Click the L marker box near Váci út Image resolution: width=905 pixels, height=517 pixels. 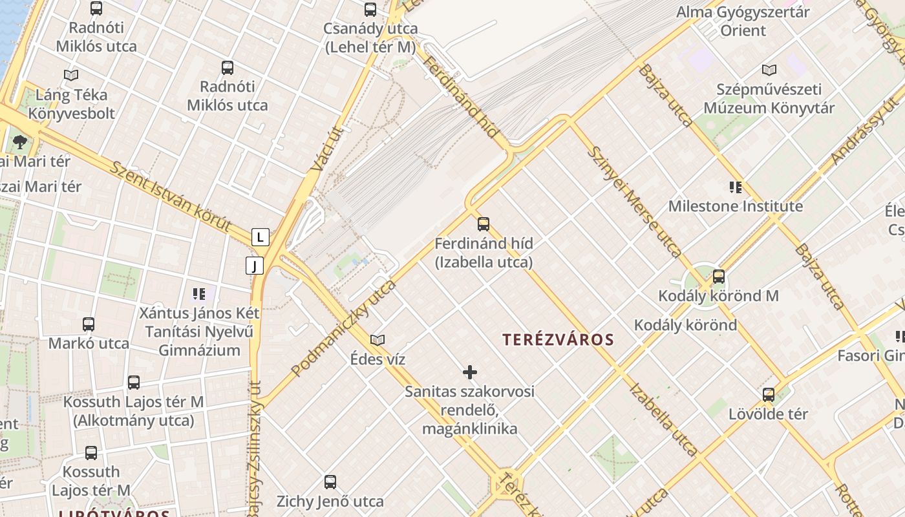coord(260,237)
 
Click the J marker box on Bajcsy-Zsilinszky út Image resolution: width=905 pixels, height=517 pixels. coord(255,265)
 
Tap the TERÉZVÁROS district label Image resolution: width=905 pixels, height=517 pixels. coord(559,339)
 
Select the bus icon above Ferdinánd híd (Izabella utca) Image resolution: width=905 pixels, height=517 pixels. coord(484,224)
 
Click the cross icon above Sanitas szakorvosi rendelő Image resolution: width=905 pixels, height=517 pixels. coord(470,372)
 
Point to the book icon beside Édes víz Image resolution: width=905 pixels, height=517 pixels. coord(378,340)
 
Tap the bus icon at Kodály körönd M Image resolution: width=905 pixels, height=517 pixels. coord(719,277)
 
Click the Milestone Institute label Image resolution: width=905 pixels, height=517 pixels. coord(736,206)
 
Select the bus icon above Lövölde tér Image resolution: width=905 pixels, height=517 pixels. coord(769,394)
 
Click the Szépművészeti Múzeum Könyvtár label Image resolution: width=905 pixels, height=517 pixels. coord(769,98)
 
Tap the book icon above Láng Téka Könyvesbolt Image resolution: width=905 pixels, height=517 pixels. coord(71,75)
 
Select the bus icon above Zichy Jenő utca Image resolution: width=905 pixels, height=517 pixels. coord(330,481)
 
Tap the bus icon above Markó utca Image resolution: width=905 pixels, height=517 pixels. coord(89,324)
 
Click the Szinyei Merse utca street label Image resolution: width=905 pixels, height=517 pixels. coord(634,202)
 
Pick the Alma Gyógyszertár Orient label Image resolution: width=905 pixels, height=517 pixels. coord(743,21)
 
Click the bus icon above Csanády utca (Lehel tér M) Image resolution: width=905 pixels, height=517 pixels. coord(370,10)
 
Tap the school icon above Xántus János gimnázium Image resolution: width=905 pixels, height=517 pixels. coord(199,295)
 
